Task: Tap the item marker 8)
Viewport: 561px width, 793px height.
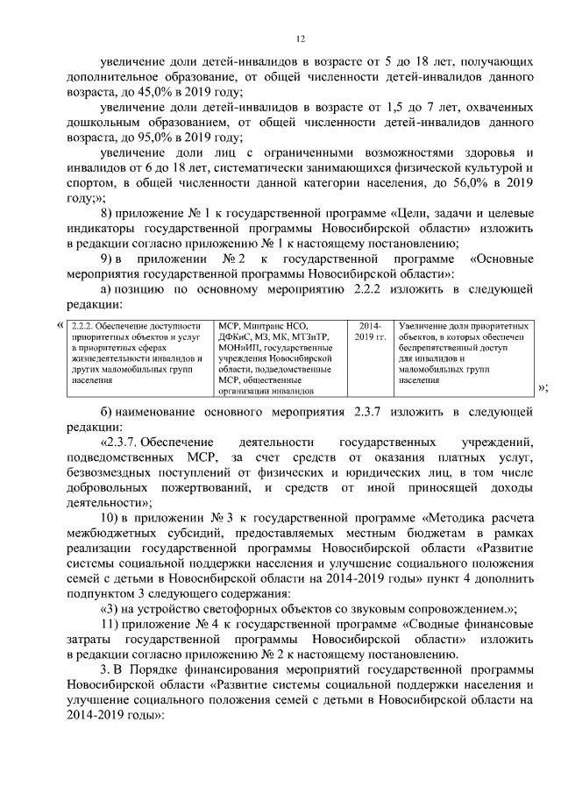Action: click(109, 215)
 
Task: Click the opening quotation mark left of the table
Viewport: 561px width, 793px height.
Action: click(60, 325)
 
